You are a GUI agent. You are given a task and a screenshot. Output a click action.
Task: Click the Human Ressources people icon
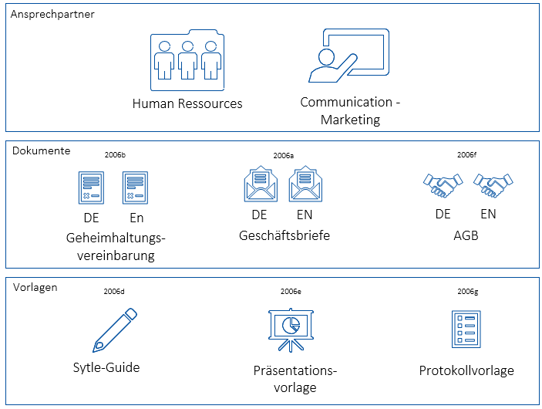click(x=187, y=58)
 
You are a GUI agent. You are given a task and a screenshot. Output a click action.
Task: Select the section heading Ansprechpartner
click(x=53, y=15)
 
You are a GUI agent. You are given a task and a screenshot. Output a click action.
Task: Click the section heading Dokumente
click(x=42, y=150)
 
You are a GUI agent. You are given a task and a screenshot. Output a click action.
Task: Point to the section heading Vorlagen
click(x=35, y=287)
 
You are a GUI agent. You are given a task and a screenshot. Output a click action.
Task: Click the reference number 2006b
click(x=114, y=155)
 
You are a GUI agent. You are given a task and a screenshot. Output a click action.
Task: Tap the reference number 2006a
click(x=283, y=155)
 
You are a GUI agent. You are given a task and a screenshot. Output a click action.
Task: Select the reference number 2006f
click(x=466, y=155)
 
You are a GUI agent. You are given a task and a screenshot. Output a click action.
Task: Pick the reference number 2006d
click(x=113, y=292)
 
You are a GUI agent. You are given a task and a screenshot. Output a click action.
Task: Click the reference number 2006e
click(x=291, y=292)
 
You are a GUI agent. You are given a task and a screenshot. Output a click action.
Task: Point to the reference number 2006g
click(x=467, y=292)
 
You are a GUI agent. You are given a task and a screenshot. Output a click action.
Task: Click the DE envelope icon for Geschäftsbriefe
click(x=260, y=185)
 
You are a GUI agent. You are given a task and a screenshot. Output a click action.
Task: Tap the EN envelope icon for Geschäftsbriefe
click(x=305, y=185)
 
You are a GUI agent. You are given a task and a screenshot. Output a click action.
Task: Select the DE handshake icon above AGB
click(x=443, y=184)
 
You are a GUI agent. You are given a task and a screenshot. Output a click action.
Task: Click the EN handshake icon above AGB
click(x=493, y=184)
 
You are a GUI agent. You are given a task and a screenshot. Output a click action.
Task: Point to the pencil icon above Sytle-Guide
click(x=115, y=330)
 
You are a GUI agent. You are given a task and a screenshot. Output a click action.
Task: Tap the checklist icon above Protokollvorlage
click(x=466, y=330)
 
